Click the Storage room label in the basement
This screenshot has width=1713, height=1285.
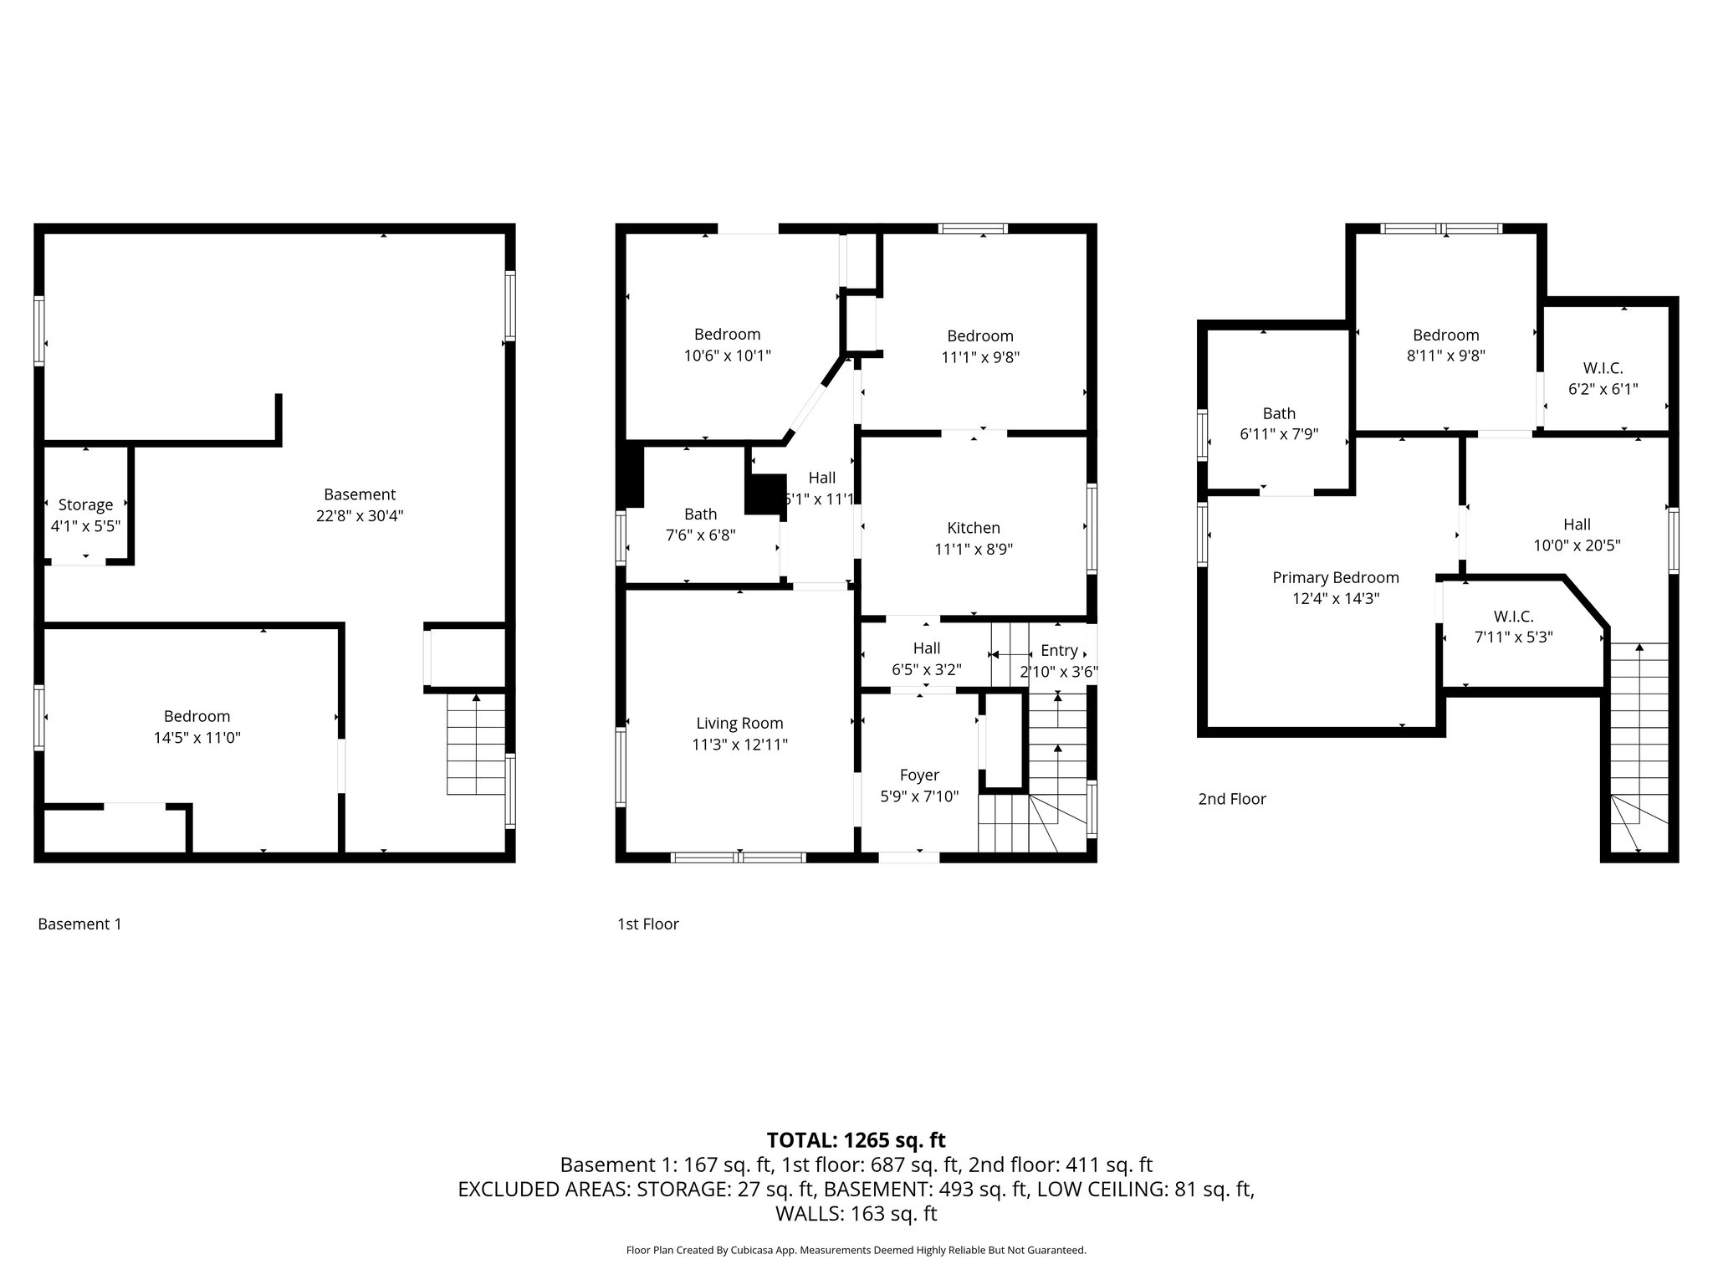[x=85, y=505]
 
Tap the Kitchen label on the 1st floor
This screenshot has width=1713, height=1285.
[x=974, y=528]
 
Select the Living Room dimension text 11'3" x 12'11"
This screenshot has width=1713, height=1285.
[x=740, y=745]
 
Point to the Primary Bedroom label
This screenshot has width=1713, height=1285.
[x=1336, y=578]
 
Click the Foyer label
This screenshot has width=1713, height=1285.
[x=919, y=776]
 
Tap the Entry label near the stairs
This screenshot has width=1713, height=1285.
[x=1059, y=651]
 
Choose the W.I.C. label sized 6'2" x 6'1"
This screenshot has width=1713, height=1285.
[x=1603, y=368]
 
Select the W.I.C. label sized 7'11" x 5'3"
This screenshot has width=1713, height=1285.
[x=1513, y=617]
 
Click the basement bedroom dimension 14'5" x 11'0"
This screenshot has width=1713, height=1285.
[x=197, y=738]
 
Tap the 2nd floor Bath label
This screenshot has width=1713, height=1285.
[x=1279, y=413]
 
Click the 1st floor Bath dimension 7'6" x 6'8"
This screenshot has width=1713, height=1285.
[x=701, y=535]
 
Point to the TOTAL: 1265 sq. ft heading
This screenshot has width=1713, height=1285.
[x=856, y=1140]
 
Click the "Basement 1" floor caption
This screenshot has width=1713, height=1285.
[x=79, y=924]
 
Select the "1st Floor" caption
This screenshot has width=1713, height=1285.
[x=648, y=924]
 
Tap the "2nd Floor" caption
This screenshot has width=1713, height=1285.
[x=1232, y=799]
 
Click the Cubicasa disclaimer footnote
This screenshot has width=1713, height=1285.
[x=856, y=1251]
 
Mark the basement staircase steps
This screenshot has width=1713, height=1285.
[x=477, y=744]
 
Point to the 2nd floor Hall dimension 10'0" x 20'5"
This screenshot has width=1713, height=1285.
[x=1577, y=545]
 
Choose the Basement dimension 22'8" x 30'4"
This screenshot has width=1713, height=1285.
[x=360, y=516]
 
